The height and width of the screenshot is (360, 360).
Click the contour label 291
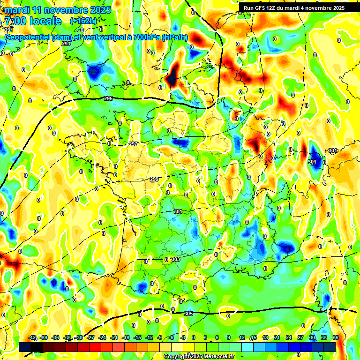click(x=9, y=30)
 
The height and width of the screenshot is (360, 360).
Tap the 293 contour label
click(x=66, y=44)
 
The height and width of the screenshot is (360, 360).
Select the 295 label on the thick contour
click(x=108, y=98)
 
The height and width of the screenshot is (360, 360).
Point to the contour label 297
click(x=133, y=144)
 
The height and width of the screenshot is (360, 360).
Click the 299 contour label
click(x=154, y=179)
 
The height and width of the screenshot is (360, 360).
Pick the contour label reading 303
click(x=176, y=259)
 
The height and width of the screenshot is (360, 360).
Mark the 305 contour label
click(x=188, y=314)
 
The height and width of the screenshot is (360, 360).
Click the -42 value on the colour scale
click(x=32, y=337)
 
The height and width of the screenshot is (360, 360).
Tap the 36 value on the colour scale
click(x=336, y=337)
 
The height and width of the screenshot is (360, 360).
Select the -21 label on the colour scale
click(x=114, y=337)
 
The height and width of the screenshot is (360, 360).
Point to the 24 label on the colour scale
click(x=289, y=337)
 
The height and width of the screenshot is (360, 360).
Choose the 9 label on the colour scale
click(x=228, y=337)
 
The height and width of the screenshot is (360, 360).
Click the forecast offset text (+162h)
click(x=83, y=21)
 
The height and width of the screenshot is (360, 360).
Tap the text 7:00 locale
click(x=33, y=21)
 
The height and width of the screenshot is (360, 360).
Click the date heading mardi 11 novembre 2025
click(x=59, y=10)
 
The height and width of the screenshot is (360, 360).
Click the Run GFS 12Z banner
click(x=294, y=8)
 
